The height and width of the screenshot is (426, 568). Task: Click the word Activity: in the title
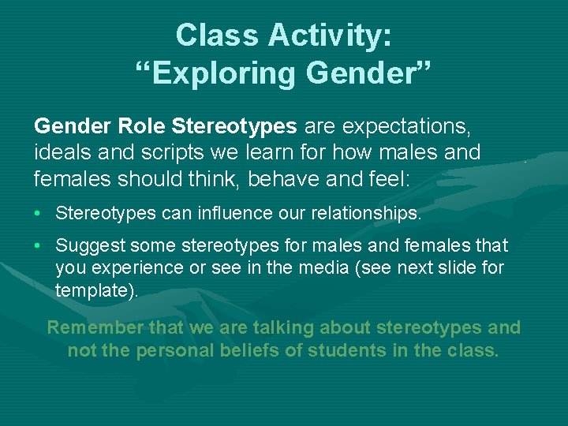tap(331, 35)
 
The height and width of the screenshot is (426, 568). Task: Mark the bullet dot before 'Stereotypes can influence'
tap(39, 213)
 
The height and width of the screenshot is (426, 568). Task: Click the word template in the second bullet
tap(92, 290)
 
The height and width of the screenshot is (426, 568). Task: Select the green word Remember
tap(95, 327)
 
